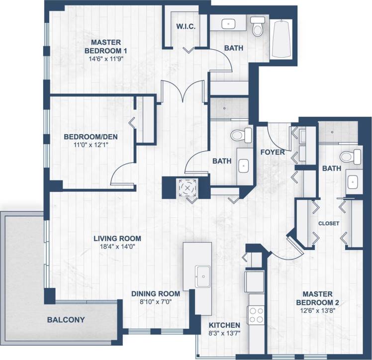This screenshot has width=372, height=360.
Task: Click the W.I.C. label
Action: coord(186,26)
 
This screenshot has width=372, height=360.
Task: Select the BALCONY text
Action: coord(66,320)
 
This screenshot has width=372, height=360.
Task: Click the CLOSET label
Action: coord(329,224)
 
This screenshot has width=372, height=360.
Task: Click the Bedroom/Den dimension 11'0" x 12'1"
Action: coord(90,146)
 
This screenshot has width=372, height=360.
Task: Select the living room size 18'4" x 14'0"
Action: coord(117,247)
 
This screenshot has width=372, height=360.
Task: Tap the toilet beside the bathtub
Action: coord(258,27)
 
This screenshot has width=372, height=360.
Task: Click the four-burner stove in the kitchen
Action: coord(256,315)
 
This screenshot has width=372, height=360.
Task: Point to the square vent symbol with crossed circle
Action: coord(188,188)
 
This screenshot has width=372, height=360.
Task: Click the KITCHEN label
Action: coord(224,325)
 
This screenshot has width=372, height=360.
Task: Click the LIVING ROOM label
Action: coord(117,238)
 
